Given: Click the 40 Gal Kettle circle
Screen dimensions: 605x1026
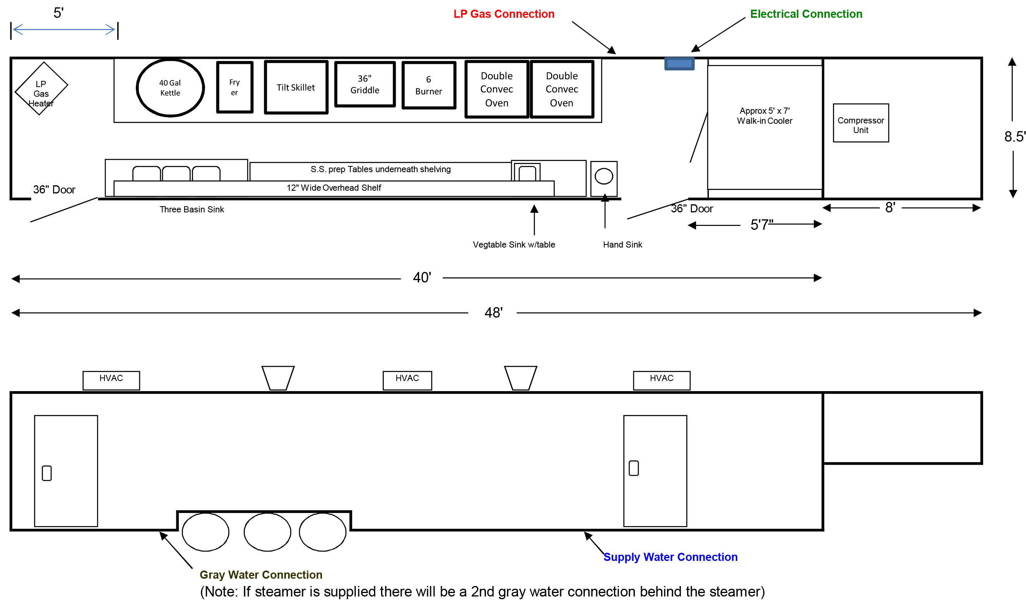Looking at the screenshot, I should pyautogui.click(x=170, y=88).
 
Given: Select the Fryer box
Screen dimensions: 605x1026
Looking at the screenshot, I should pyautogui.click(x=234, y=87).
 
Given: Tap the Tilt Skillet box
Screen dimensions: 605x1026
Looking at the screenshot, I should pyautogui.click(x=296, y=87).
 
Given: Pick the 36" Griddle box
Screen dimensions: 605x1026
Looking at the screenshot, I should pyautogui.click(x=364, y=84).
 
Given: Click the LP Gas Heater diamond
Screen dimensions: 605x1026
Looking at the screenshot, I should pyautogui.click(x=41, y=89).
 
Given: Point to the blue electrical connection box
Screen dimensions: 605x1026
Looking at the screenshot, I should pyautogui.click(x=679, y=63).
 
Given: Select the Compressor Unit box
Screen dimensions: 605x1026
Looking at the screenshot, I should pyautogui.click(x=860, y=123).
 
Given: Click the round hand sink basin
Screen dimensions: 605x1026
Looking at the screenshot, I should pyautogui.click(x=603, y=176).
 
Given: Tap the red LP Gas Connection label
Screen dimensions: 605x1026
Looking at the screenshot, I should pyautogui.click(x=503, y=14).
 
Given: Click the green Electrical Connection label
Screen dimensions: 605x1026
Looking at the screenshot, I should pyautogui.click(x=805, y=14).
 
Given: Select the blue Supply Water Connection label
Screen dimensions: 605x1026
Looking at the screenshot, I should pyautogui.click(x=670, y=557).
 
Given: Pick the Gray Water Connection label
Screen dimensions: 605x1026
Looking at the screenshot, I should pyautogui.click(x=260, y=574).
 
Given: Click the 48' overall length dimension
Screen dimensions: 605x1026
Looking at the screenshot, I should pyautogui.click(x=493, y=313).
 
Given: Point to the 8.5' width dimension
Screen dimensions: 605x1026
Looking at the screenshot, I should pyautogui.click(x=1013, y=137).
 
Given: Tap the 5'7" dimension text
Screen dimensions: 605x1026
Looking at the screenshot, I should pyautogui.click(x=761, y=225).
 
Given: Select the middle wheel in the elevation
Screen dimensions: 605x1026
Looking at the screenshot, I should pyautogui.click(x=267, y=532).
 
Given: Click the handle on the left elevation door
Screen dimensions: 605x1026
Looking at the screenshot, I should pyautogui.click(x=47, y=473).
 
